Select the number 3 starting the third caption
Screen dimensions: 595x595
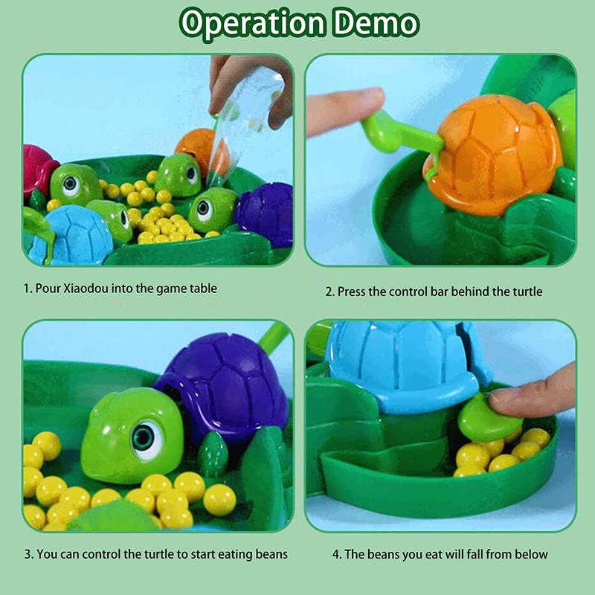(28, 554)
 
